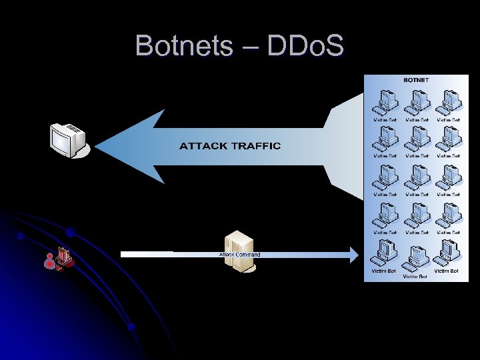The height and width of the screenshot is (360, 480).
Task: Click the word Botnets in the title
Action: (x=183, y=46)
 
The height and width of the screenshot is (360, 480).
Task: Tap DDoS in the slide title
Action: (x=305, y=46)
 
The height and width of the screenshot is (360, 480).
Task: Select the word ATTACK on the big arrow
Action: (x=203, y=146)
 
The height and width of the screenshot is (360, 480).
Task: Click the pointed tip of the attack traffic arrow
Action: (x=97, y=146)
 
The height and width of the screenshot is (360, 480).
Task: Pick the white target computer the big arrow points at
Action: (x=68, y=139)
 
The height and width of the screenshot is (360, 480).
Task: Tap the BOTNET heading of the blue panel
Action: (x=417, y=80)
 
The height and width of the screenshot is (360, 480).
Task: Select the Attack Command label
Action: (x=240, y=255)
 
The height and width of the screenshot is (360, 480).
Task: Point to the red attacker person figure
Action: (x=49, y=262)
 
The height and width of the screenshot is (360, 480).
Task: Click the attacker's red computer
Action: (x=64, y=257)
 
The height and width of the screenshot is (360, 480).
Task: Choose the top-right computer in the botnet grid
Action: (x=448, y=101)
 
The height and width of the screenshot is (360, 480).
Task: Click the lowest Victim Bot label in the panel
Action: (x=415, y=277)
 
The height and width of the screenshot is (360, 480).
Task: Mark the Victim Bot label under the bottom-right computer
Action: (x=446, y=271)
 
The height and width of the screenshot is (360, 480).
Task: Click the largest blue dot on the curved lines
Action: (x=70, y=233)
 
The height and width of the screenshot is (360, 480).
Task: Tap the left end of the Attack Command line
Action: (x=122, y=254)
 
